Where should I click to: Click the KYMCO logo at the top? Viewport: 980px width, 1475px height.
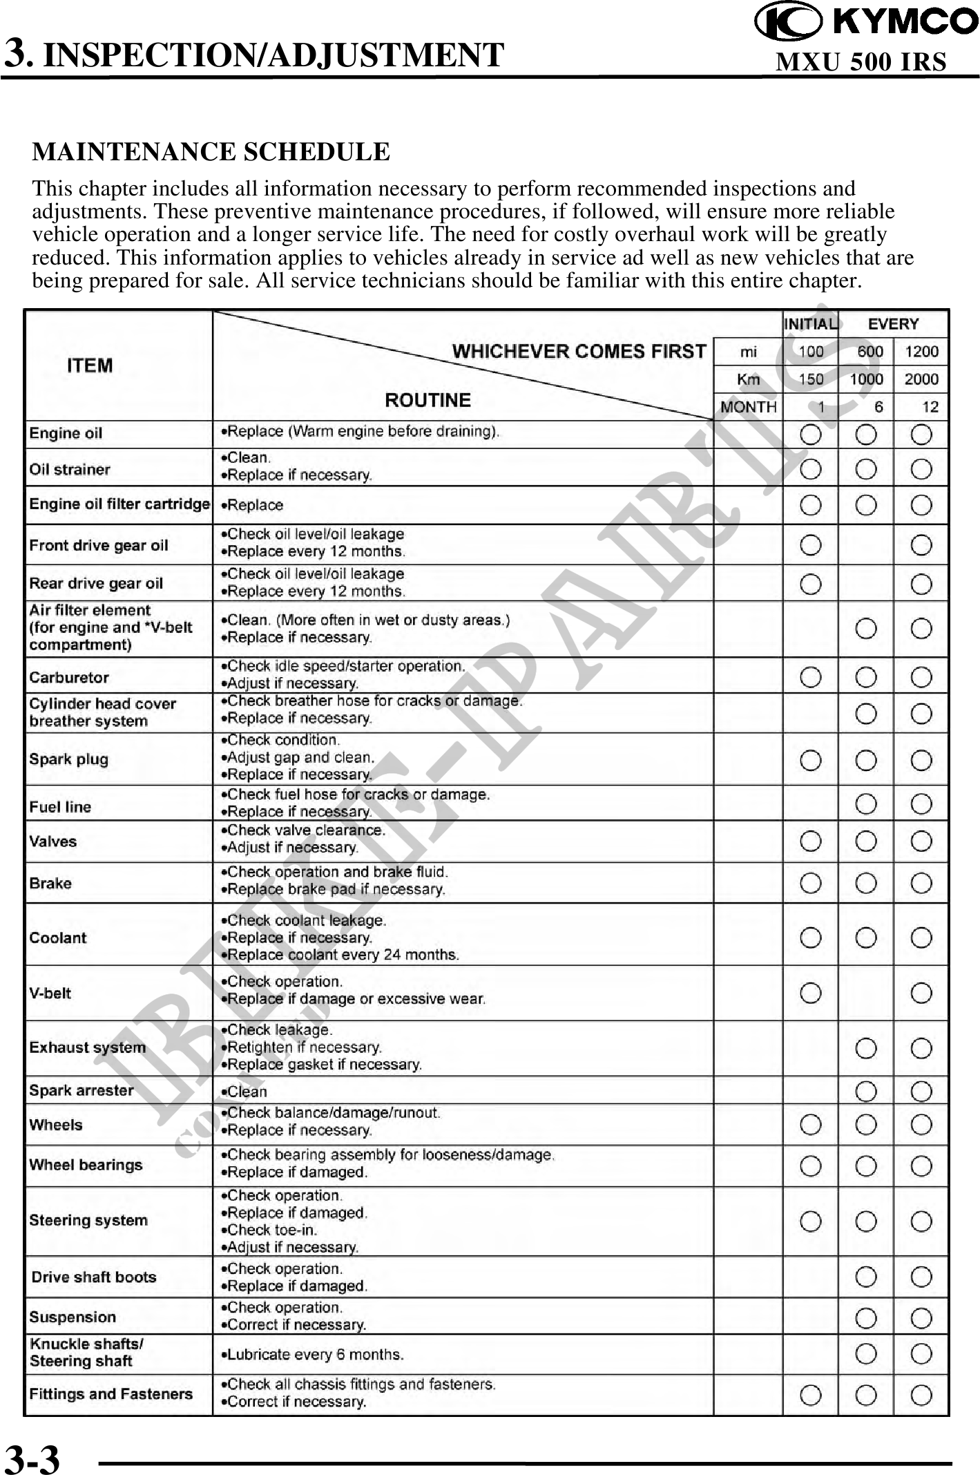click(x=866, y=21)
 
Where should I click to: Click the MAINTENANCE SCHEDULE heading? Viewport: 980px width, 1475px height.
click(x=211, y=152)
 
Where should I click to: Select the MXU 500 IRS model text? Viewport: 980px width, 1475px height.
click(x=861, y=62)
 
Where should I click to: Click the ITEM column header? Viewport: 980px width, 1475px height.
click(x=90, y=365)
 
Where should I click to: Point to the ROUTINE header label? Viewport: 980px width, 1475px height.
click(x=427, y=400)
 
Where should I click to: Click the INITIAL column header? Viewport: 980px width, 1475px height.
click(x=811, y=324)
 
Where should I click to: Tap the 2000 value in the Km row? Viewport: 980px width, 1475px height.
click(x=921, y=379)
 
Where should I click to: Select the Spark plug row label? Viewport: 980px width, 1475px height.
click(x=69, y=759)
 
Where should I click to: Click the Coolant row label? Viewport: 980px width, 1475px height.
click(x=58, y=938)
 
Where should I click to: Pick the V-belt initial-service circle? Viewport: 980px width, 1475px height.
click(x=811, y=993)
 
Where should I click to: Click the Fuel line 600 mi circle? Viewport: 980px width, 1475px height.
click(x=866, y=804)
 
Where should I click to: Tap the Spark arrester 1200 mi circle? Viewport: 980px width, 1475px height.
click(x=921, y=1092)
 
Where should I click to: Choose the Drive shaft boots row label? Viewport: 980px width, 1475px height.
click(x=94, y=1277)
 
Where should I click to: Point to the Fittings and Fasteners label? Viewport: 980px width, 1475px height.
click(x=111, y=1393)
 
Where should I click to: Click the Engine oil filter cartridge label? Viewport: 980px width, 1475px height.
click(x=119, y=504)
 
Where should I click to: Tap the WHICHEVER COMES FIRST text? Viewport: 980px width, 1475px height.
click(x=579, y=352)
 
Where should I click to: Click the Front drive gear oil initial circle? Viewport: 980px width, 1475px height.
click(x=811, y=546)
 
